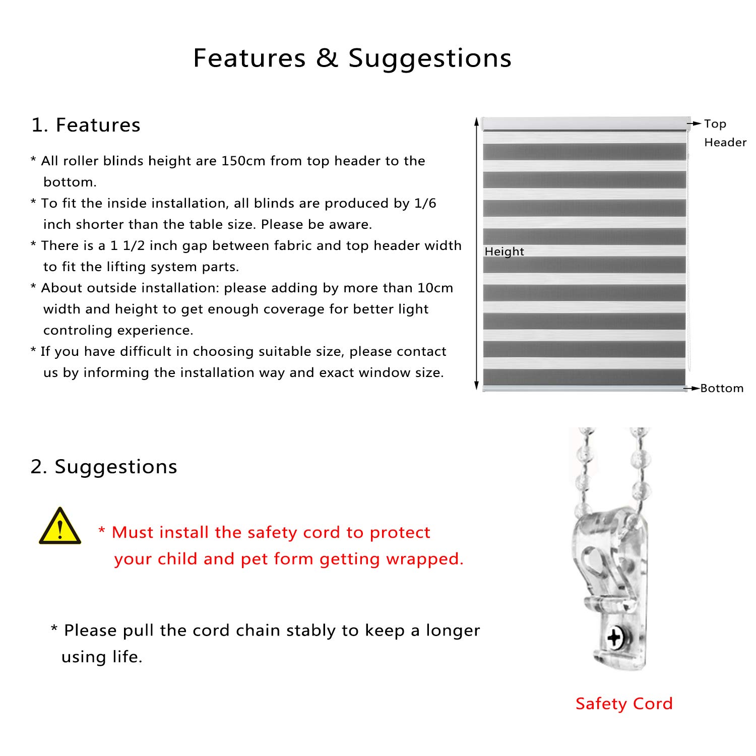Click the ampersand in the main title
click(x=327, y=58)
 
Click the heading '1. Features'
click(x=86, y=125)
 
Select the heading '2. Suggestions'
click(x=104, y=467)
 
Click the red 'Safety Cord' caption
click(x=624, y=704)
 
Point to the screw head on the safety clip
click(x=615, y=638)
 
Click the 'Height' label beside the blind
click(x=504, y=251)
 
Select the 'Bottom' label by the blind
click(x=722, y=388)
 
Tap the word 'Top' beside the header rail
click(x=715, y=124)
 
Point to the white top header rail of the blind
click(x=585, y=123)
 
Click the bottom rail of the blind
click(x=585, y=388)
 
